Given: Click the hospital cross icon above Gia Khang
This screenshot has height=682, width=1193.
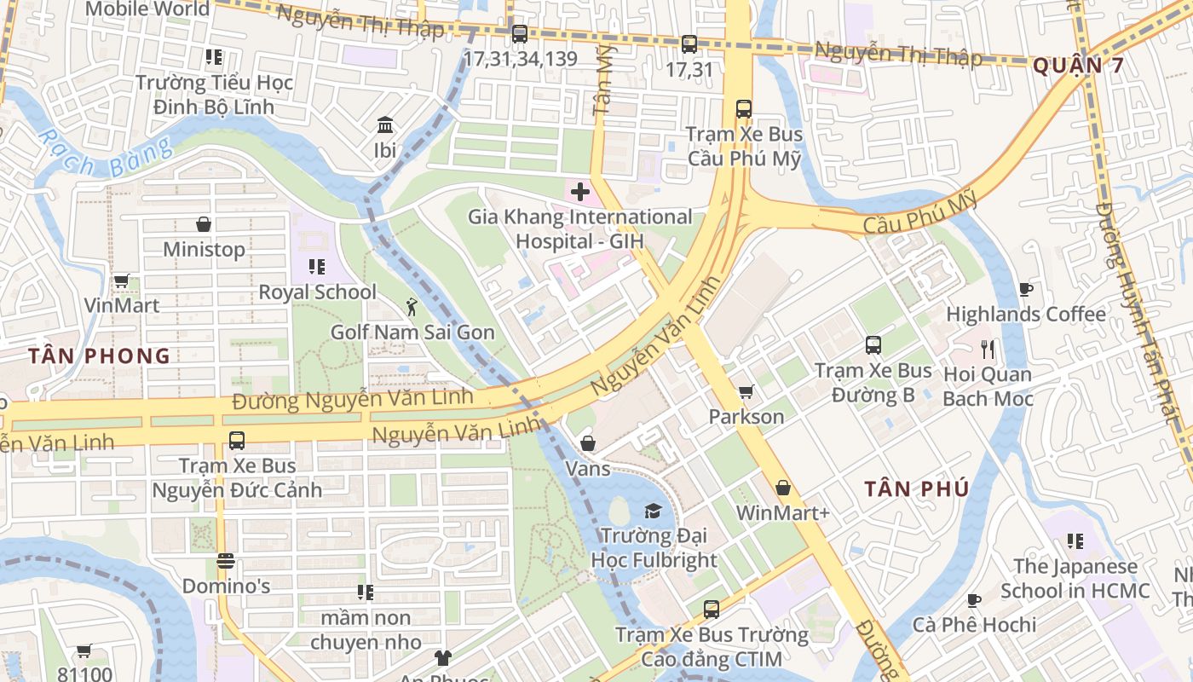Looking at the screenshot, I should [580, 192].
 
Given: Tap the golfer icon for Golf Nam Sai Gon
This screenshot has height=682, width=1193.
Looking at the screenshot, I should [412, 306].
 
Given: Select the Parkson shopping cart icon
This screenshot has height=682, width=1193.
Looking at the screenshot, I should [746, 391].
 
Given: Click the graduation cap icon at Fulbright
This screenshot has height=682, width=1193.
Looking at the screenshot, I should [653, 511].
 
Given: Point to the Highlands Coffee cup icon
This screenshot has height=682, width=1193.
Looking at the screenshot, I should [1026, 289].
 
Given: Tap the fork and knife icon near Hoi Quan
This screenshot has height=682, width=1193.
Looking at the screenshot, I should [988, 349].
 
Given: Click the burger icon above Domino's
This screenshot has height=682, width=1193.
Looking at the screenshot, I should [226, 561].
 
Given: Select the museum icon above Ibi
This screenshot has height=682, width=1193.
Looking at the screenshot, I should [385, 125].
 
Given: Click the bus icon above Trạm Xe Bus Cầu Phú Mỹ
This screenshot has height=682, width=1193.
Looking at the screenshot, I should [744, 109].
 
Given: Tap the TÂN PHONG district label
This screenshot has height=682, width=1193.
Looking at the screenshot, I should [99, 356].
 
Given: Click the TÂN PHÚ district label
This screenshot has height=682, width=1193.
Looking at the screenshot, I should [916, 489].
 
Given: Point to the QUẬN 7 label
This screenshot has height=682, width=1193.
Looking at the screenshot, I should [1078, 66].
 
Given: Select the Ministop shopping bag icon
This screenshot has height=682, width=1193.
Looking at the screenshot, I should [204, 224].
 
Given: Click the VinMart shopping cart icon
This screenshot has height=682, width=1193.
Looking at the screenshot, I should [121, 280].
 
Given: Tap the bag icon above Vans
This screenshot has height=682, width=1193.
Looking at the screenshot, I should [588, 443].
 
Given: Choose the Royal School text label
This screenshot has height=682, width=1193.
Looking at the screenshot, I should [317, 292].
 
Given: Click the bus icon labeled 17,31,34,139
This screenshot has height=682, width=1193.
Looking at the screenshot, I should [519, 34].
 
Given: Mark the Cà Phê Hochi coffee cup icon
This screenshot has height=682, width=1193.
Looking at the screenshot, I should [974, 599].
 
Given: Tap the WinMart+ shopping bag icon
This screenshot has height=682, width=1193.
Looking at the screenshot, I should [782, 488].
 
